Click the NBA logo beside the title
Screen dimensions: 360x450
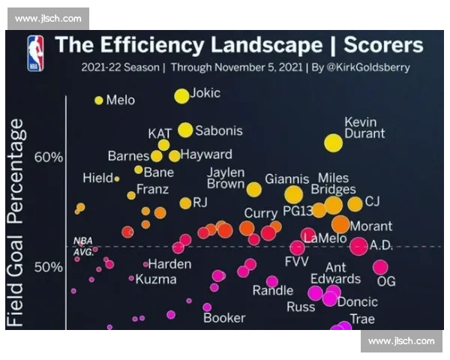tap(35, 52)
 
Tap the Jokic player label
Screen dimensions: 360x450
tap(206, 94)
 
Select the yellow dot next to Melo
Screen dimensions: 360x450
tap(98, 100)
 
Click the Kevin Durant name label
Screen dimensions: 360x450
tap(364, 127)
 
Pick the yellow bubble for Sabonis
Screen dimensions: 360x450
tap(185, 130)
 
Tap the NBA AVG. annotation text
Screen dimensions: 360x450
tap(83, 246)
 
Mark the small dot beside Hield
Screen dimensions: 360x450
tap(117, 178)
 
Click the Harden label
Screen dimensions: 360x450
tap(169, 264)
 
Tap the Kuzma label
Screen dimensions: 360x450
tap(156, 279)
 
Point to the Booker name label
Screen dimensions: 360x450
tap(224, 317)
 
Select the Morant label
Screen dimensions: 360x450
tap(371, 225)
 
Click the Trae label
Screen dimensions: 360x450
tap(362, 319)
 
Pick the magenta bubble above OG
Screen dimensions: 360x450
tap(380, 267)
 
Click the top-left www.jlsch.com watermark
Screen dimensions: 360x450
tap(47, 19)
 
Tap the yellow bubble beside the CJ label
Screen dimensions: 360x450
tap(355, 203)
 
